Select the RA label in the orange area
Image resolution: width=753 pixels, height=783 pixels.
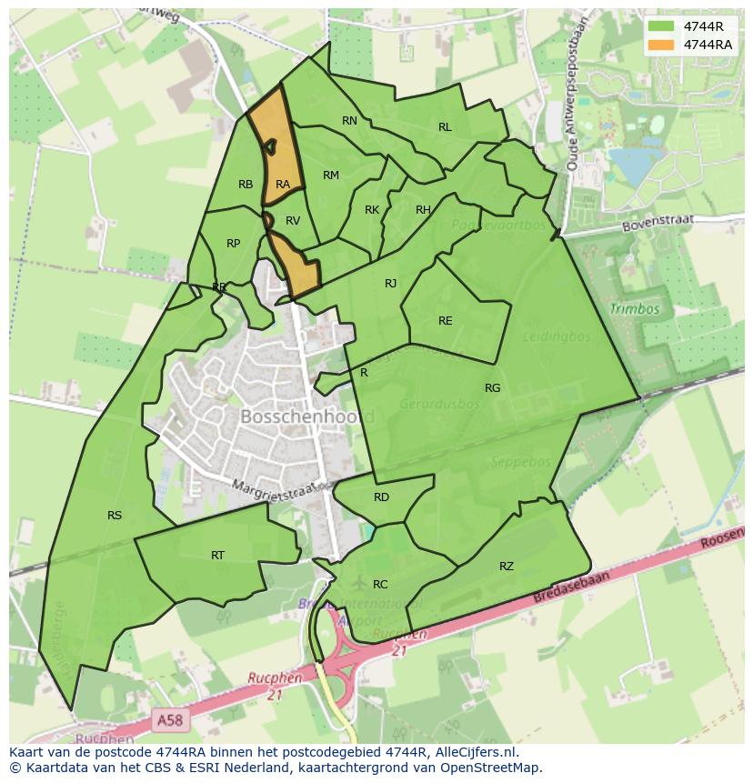[283, 185]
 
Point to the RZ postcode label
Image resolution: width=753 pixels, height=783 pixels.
[507, 567]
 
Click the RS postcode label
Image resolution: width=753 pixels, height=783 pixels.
[115, 516]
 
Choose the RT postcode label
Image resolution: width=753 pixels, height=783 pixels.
[218, 556]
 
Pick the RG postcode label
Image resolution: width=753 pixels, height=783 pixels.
[492, 388]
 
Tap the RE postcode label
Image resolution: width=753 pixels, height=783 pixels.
[445, 321]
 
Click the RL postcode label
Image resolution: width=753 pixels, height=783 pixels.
[445, 127]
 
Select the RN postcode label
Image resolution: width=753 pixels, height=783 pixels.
[349, 121]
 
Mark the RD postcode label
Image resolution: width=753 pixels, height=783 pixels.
[381, 497]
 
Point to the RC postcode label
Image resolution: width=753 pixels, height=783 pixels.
[380, 585]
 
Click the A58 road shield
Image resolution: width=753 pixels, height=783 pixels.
[168, 719]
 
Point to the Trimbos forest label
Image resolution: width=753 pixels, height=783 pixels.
[635, 309]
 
